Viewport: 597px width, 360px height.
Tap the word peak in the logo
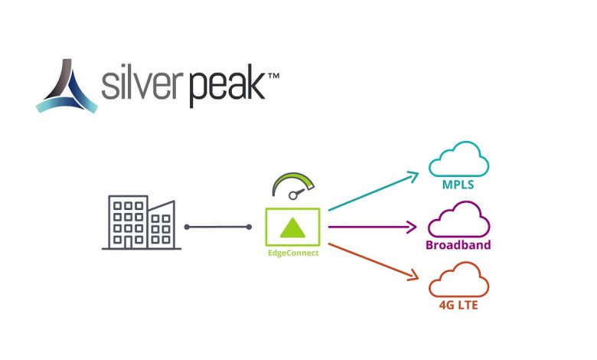[227, 86]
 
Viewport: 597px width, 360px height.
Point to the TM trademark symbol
[274, 76]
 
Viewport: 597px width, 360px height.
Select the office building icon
[142, 222]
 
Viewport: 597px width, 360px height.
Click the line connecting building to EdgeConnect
[218, 227]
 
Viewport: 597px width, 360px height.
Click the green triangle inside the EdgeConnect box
[292, 227]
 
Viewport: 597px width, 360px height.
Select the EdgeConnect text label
[293, 253]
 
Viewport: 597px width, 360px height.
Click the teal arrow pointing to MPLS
[374, 191]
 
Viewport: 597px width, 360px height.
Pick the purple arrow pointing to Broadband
[372, 227]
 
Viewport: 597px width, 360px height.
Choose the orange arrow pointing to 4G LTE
[374, 262]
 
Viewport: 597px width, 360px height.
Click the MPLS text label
[458, 185]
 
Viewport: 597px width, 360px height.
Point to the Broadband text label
[458, 245]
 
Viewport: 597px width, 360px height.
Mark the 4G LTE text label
[458, 306]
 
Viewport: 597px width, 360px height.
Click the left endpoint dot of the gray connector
[187, 227]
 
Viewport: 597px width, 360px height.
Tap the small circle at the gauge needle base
[293, 196]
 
